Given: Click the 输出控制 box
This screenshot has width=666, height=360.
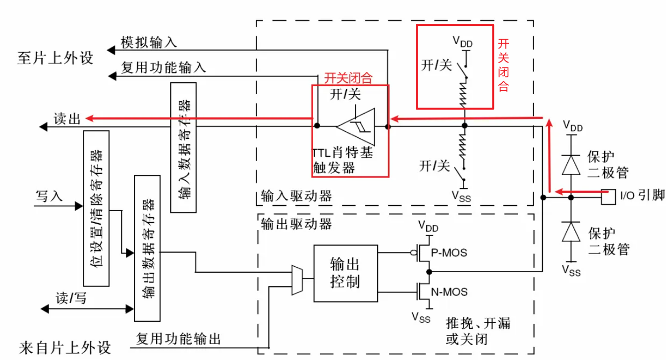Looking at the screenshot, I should (345, 273).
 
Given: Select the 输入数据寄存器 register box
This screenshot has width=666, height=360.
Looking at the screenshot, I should (183, 147).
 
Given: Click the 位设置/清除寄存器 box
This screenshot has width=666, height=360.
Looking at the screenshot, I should (96, 208).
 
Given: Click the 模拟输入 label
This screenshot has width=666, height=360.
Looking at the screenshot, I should (149, 42).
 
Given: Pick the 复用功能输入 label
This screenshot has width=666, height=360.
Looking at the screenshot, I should (164, 67).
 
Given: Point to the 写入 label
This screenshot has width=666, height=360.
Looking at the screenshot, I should (49, 196).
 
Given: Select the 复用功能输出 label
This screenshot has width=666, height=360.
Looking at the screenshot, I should (178, 339).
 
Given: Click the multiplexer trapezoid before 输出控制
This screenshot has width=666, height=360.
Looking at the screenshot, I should (297, 280).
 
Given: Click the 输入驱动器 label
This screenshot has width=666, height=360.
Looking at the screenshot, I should (296, 196).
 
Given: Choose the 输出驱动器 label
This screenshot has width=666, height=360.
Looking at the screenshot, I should (296, 224).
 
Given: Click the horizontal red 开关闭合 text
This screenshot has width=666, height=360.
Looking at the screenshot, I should (348, 78).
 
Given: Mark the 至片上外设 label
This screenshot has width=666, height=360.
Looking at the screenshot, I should (55, 58).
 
